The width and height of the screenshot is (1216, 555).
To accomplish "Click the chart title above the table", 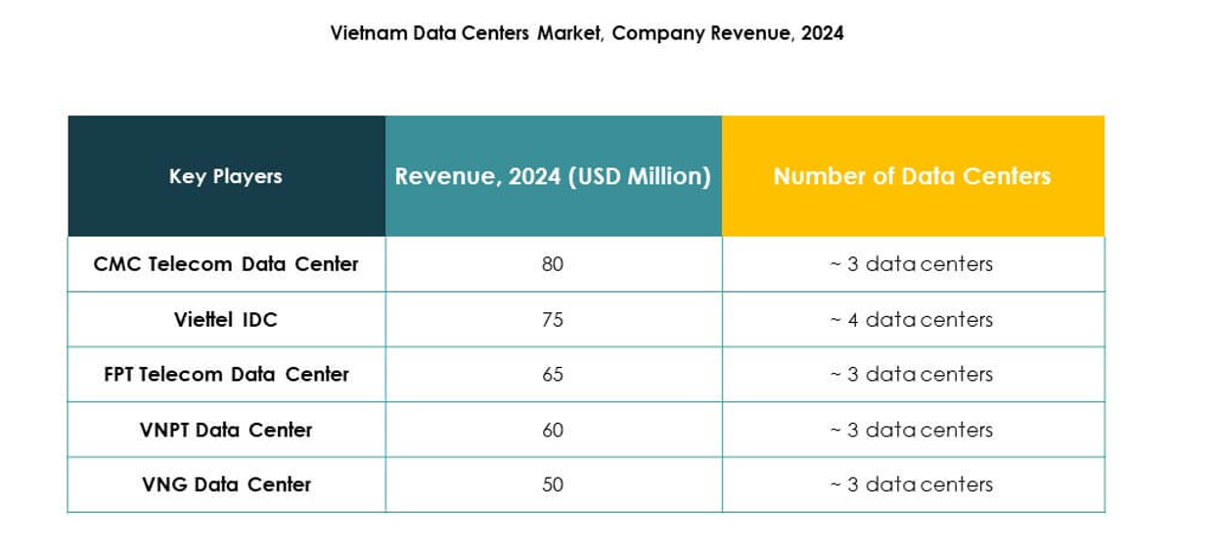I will [586, 33].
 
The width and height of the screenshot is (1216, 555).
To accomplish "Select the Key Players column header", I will [226, 176].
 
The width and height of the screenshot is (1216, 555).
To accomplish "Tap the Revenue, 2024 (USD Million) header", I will [553, 176].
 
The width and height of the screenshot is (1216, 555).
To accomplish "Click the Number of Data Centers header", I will [912, 176].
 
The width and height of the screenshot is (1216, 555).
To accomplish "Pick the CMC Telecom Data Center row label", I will [226, 264].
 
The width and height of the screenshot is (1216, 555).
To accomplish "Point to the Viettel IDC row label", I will [226, 319].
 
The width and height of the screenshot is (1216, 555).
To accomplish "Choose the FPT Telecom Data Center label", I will [226, 374].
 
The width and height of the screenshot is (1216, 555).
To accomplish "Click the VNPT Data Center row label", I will [226, 430].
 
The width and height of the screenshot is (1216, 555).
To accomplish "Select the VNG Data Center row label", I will [226, 485].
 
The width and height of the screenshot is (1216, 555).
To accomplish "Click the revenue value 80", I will [553, 264].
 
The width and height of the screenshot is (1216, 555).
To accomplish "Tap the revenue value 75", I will [553, 319].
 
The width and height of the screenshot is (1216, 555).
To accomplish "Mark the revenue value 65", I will [553, 374].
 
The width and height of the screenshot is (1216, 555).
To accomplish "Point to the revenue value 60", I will [553, 430].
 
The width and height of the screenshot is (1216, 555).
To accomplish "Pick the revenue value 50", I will [553, 485].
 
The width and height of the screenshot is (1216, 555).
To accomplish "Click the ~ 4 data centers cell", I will [912, 319].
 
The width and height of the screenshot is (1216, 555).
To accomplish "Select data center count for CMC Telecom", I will [912, 264].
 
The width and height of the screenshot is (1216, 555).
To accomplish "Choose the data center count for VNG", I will [912, 485].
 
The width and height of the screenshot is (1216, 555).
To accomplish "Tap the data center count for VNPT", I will [912, 430].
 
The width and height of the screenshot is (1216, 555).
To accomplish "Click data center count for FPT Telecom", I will [912, 374].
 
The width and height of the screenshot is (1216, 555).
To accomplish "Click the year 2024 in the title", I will [822, 33].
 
